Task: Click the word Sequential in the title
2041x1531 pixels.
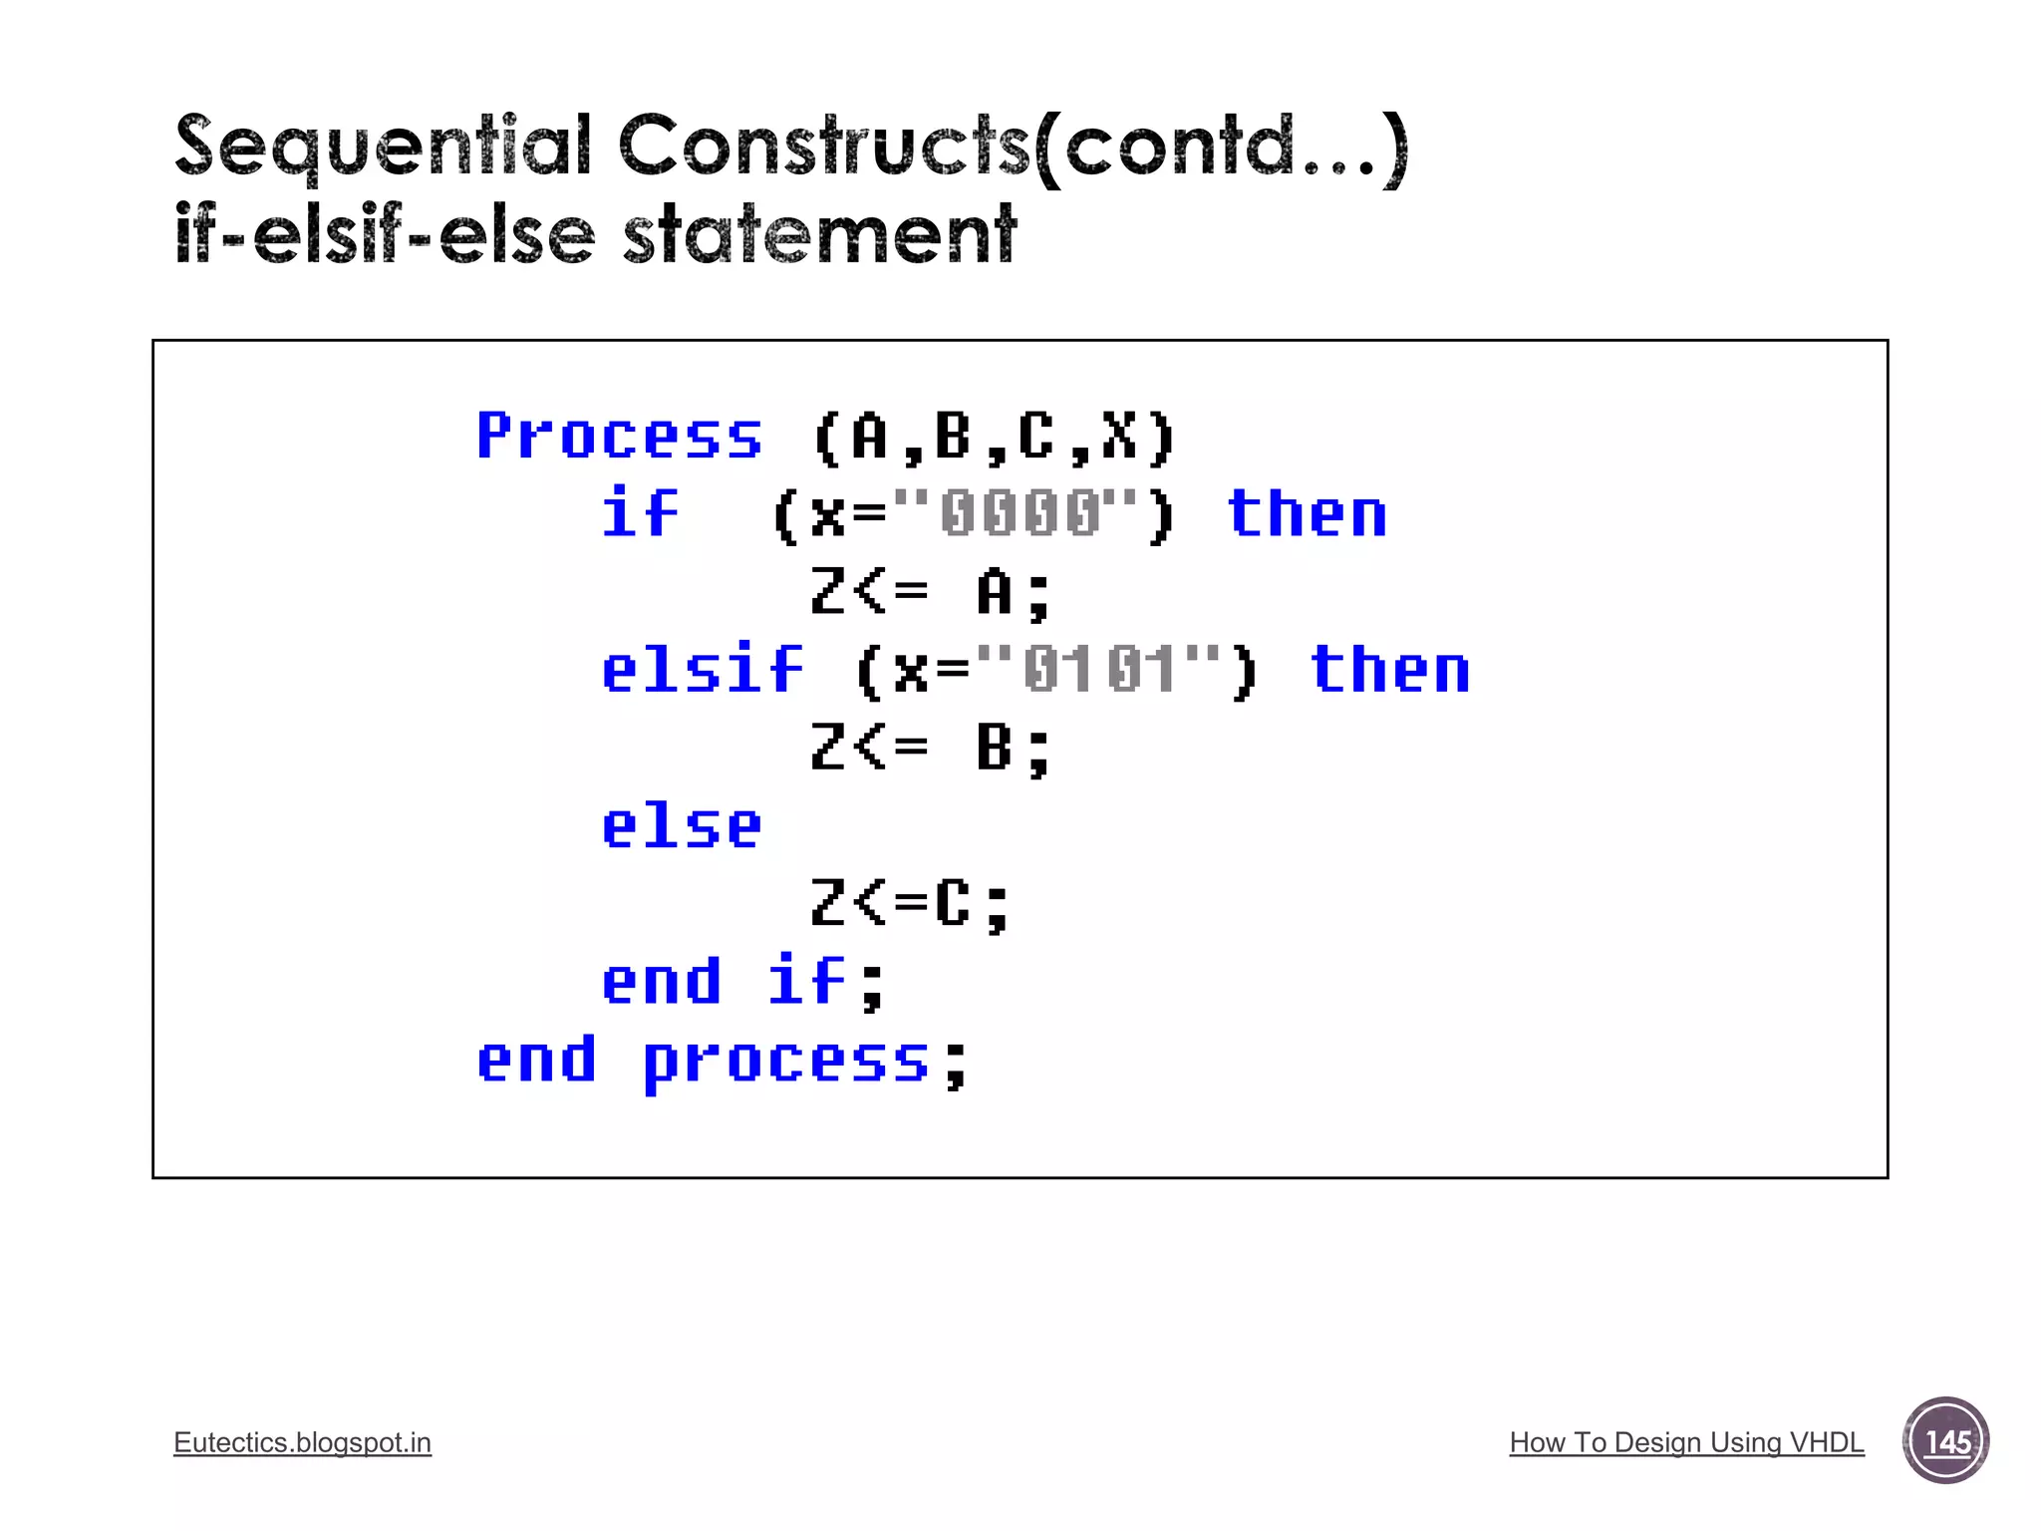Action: click(x=383, y=148)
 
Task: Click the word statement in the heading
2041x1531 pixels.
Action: click(x=819, y=235)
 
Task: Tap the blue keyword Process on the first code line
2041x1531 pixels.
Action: click(x=619, y=437)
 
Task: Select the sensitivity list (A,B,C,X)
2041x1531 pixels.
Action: click(x=995, y=437)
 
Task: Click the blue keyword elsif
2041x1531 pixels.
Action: click(x=702, y=670)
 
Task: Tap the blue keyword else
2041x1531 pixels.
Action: click(x=682, y=826)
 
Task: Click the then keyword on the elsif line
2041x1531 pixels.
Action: click(x=1389, y=670)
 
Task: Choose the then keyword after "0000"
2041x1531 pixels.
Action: click(x=1307, y=514)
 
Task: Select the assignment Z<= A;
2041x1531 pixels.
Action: click(x=930, y=592)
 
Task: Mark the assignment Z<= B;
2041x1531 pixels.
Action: click(x=930, y=748)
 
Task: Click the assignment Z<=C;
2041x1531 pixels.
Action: click(x=910, y=904)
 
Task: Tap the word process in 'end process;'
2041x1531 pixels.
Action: click(x=786, y=1061)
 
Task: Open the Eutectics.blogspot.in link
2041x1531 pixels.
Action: click(x=302, y=1442)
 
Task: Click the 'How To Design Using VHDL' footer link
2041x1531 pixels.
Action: click(x=1686, y=1442)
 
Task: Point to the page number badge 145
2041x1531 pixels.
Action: click(x=1945, y=1441)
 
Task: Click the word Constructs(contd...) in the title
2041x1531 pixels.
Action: click(x=1014, y=148)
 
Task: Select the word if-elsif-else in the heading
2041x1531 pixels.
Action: click(x=385, y=235)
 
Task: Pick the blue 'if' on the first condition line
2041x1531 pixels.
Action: click(x=640, y=514)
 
